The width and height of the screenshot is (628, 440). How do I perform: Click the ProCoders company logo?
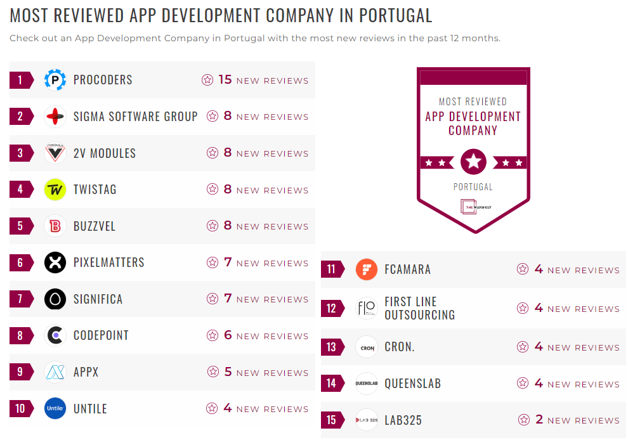[x=55, y=80]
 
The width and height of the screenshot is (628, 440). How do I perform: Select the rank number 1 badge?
[x=21, y=80]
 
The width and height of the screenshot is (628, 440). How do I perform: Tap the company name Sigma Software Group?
[x=135, y=117]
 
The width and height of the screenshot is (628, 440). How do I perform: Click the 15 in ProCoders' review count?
[x=225, y=80]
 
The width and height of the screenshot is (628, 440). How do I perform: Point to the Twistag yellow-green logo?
[x=55, y=190]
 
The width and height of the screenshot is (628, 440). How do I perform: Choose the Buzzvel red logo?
[x=55, y=226]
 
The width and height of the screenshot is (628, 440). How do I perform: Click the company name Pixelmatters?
[x=108, y=262]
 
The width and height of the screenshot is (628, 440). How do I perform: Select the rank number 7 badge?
[x=21, y=299]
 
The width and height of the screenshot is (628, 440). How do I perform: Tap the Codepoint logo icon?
[x=55, y=335]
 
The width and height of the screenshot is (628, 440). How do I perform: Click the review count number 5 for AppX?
[x=228, y=372]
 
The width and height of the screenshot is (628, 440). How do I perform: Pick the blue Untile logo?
[x=55, y=408]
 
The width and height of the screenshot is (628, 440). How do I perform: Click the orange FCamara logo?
[x=367, y=269]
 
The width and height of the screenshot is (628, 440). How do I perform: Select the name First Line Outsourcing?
[x=419, y=308]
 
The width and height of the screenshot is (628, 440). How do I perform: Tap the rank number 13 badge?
[x=332, y=347]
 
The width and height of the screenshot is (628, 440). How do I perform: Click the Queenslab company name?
[x=412, y=384]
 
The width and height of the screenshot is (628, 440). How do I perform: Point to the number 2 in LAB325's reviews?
[x=539, y=420]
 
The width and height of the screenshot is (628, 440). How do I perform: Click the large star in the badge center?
[x=473, y=162]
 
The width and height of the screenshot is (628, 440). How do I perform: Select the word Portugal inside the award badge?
[x=473, y=187]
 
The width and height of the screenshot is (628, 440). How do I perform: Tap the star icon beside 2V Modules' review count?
[x=213, y=153]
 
